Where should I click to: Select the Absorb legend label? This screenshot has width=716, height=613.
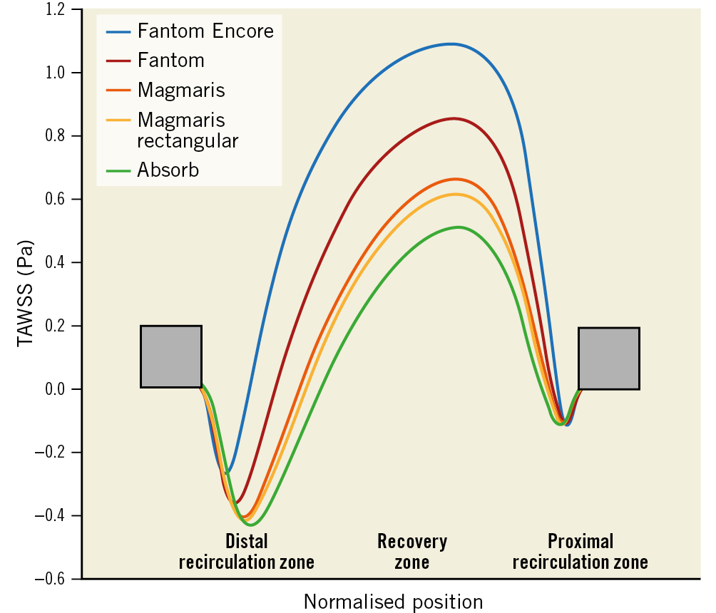168,170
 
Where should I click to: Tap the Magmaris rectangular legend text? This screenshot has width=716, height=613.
188,130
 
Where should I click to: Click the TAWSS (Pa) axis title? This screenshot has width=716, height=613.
25,293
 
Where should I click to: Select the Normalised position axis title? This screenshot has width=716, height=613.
393,602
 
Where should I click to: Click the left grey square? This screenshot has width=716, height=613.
171,356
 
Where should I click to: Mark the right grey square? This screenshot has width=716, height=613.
608,359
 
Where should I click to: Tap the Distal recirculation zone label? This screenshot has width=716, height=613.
246,552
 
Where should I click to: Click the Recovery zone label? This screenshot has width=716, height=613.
412,552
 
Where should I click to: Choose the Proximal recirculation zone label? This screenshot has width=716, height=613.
580,552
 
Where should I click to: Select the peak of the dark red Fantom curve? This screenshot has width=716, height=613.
454,118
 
